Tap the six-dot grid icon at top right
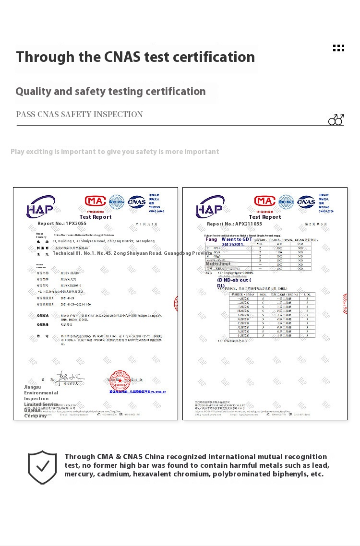point(338,48)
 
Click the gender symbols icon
point(336,119)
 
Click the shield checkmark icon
point(42,467)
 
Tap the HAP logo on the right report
point(209,207)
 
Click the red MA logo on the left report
point(95,201)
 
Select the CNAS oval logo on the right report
point(306,202)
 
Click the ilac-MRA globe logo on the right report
point(286,201)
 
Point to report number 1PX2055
point(76,224)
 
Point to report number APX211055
point(249,224)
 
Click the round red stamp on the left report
point(120,380)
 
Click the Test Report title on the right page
point(265,217)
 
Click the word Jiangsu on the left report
point(32,387)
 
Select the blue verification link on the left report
point(137,392)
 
